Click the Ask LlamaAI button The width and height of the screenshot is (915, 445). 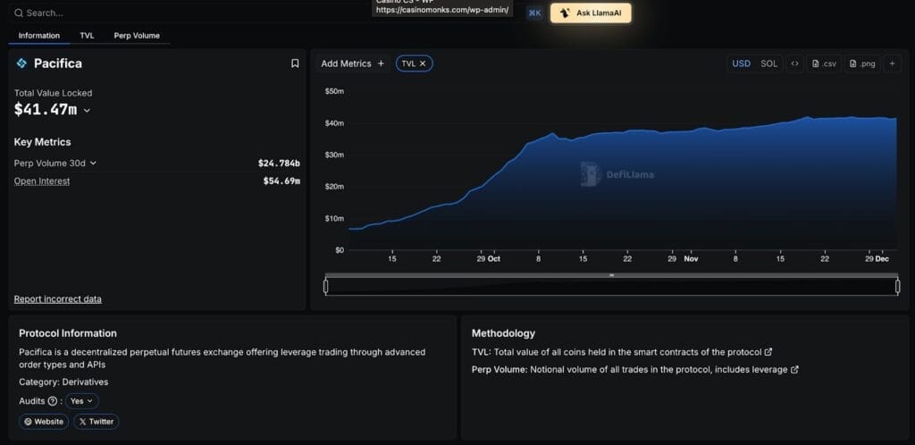click(591, 13)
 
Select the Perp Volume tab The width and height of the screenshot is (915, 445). click(137, 36)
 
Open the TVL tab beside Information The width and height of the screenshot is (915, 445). click(87, 36)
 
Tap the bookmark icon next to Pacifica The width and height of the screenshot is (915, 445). click(295, 63)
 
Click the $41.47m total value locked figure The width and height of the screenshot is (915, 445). click(46, 110)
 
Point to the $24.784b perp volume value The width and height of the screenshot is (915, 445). click(279, 164)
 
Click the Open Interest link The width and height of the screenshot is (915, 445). click(42, 181)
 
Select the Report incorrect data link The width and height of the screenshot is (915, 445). click(57, 299)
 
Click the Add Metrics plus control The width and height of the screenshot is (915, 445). click(381, 63)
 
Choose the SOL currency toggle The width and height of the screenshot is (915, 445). click(768, 63)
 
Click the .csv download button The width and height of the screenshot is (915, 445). click(823, 63)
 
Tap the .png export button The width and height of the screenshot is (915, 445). click(862, 63)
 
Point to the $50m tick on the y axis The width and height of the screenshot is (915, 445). click(333, 91)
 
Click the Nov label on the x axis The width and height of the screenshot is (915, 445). click(691, 259)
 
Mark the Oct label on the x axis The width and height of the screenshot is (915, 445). click(494, 259)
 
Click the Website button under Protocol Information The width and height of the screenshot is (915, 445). click(44, 422)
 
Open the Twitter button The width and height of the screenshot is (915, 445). click(96, 422)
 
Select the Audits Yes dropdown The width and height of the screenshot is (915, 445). click(82, 401)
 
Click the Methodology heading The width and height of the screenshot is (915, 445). click(503, 333)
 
